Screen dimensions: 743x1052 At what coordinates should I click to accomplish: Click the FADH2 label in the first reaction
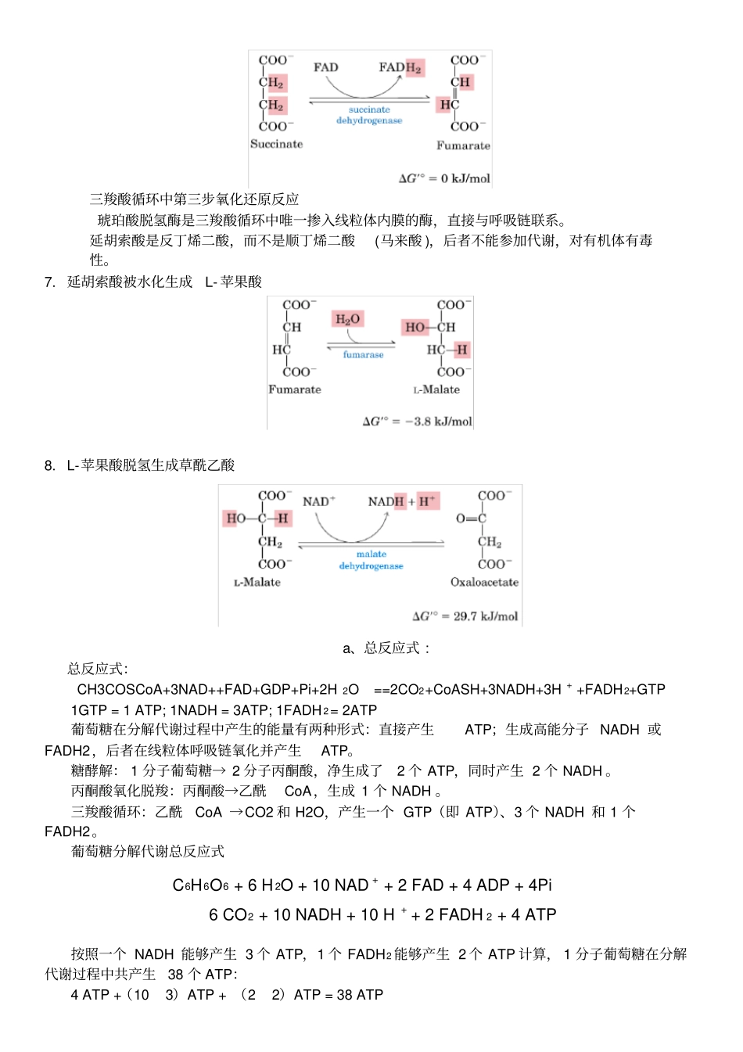pos(400,68)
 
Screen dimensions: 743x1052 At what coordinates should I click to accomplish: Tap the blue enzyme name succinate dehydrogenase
pos(369,115)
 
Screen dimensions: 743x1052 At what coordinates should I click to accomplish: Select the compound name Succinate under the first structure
pos(276,144)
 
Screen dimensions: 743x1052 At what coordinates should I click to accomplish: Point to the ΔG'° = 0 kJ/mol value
pos(444,178)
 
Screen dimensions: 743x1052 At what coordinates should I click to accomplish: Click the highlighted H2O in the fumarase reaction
pos(347,319)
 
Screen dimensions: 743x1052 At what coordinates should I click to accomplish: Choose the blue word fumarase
pos(363,354)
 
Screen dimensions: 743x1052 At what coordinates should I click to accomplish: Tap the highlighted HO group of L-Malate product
pos(415,327)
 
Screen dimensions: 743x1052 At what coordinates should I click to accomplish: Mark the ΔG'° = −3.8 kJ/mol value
pos(418,422)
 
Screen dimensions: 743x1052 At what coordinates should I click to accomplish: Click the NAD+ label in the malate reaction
pos(318,501)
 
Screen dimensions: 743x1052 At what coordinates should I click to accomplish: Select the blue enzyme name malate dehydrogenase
pos(371,560)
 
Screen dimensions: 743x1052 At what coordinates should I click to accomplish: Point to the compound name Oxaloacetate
pos(484,582)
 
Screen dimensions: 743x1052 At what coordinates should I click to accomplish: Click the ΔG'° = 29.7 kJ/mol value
pos(465,616)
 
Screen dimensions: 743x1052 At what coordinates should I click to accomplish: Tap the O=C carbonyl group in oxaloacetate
pos(471,519)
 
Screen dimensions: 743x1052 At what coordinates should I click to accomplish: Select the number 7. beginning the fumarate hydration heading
pos(50,282)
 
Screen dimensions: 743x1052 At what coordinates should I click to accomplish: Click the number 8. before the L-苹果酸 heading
pos(50,466)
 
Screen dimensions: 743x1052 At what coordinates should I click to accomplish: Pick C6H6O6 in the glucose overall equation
pos(200,885)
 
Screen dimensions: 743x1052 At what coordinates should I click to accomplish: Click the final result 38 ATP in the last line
pos(360,995)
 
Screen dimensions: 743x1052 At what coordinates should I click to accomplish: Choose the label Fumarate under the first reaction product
pos(463,145)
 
